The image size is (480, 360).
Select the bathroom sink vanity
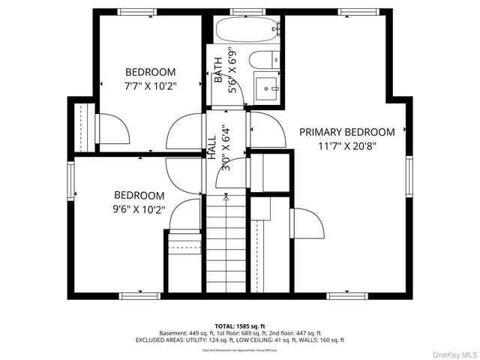(267, 88)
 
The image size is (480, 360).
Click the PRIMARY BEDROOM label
(346, 132)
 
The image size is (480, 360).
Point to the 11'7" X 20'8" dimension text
(346, 146)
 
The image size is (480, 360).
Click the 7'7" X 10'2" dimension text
(150, 86)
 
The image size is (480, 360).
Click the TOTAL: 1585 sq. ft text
(239, 326)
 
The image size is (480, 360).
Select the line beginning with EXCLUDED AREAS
(239, 340)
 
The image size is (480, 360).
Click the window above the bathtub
(244, 11)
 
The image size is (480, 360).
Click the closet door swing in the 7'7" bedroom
(113, 129)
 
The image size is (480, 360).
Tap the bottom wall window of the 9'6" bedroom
(140, 295)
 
